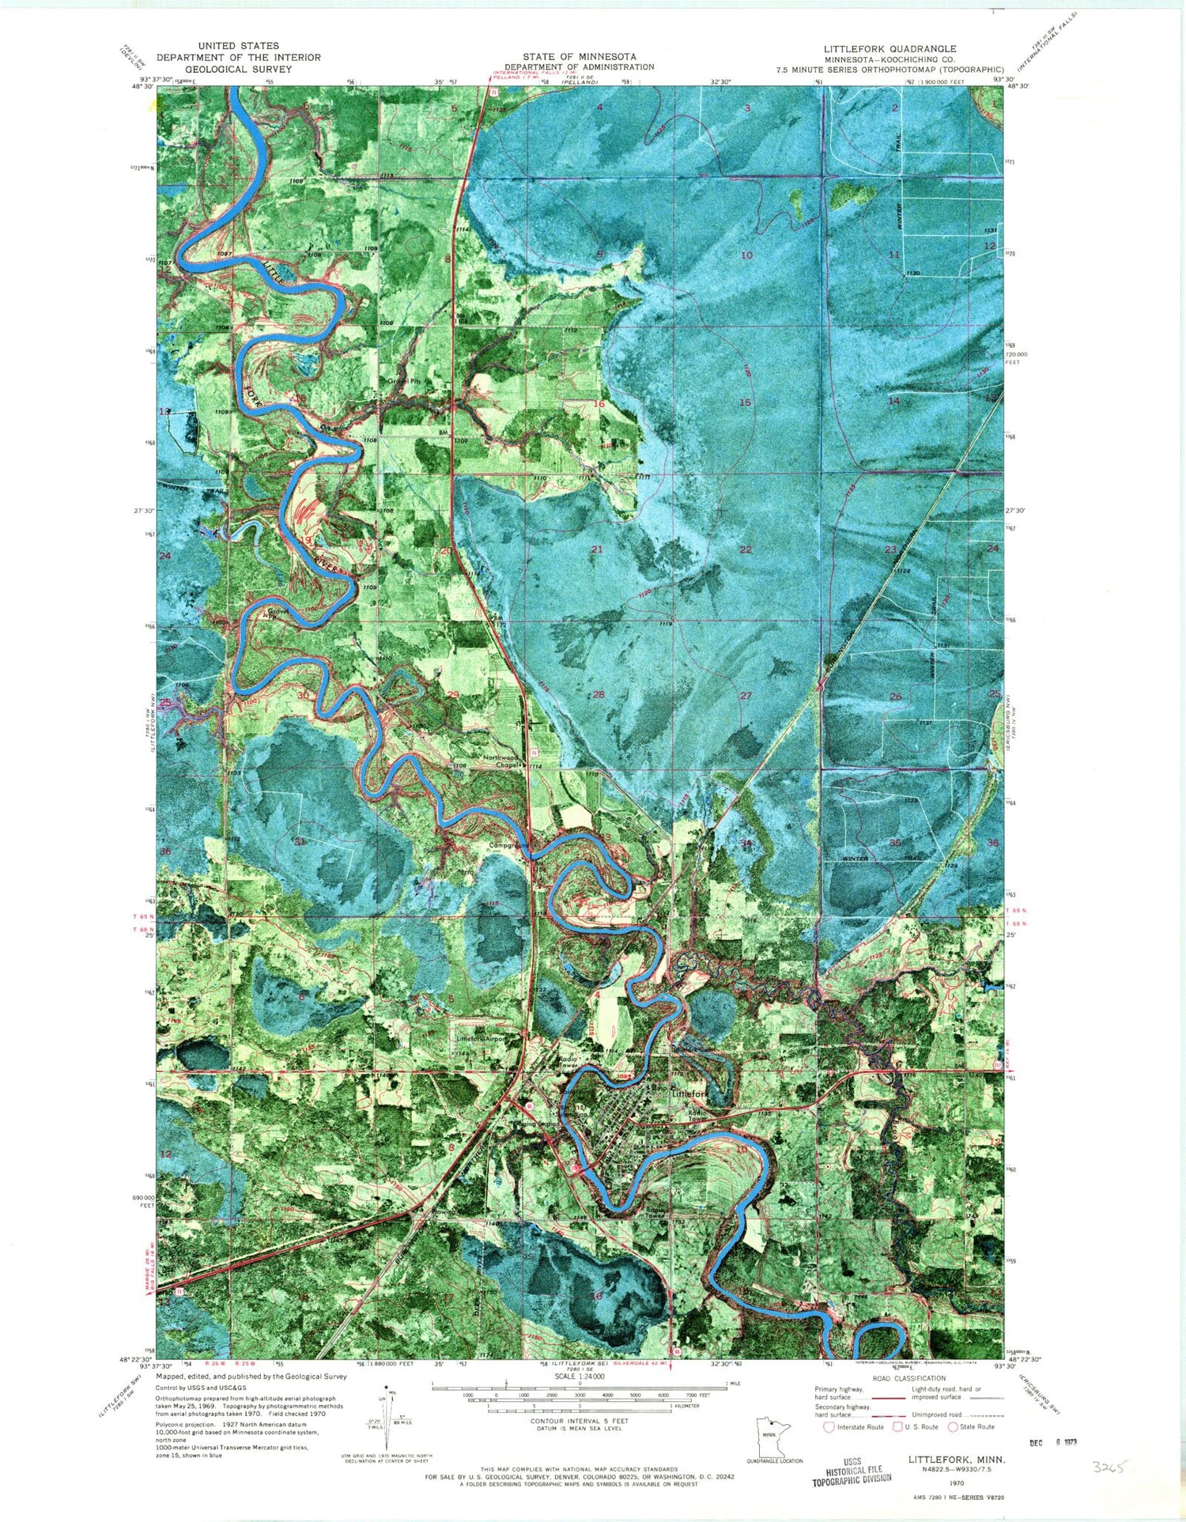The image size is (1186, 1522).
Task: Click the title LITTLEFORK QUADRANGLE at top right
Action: [x=889, y=49]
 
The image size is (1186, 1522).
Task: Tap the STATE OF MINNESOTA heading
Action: [x=580, y=57]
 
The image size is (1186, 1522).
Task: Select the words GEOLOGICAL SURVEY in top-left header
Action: [x=239, y=69]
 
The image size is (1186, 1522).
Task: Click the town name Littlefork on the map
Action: [x=689, y=1093]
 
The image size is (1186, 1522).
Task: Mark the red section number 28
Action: [x=599, y=694]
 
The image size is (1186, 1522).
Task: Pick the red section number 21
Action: [x=597, y=549]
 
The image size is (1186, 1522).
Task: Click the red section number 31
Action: [x=300, y=840]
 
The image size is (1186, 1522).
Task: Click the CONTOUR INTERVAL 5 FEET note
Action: [x=580, y=1421]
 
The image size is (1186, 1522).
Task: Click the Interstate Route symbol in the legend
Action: [x=829, y=1427]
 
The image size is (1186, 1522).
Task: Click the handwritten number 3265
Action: [x=1109, y=1467]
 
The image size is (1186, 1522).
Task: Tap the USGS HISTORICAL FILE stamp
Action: [x=852, y=1471]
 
